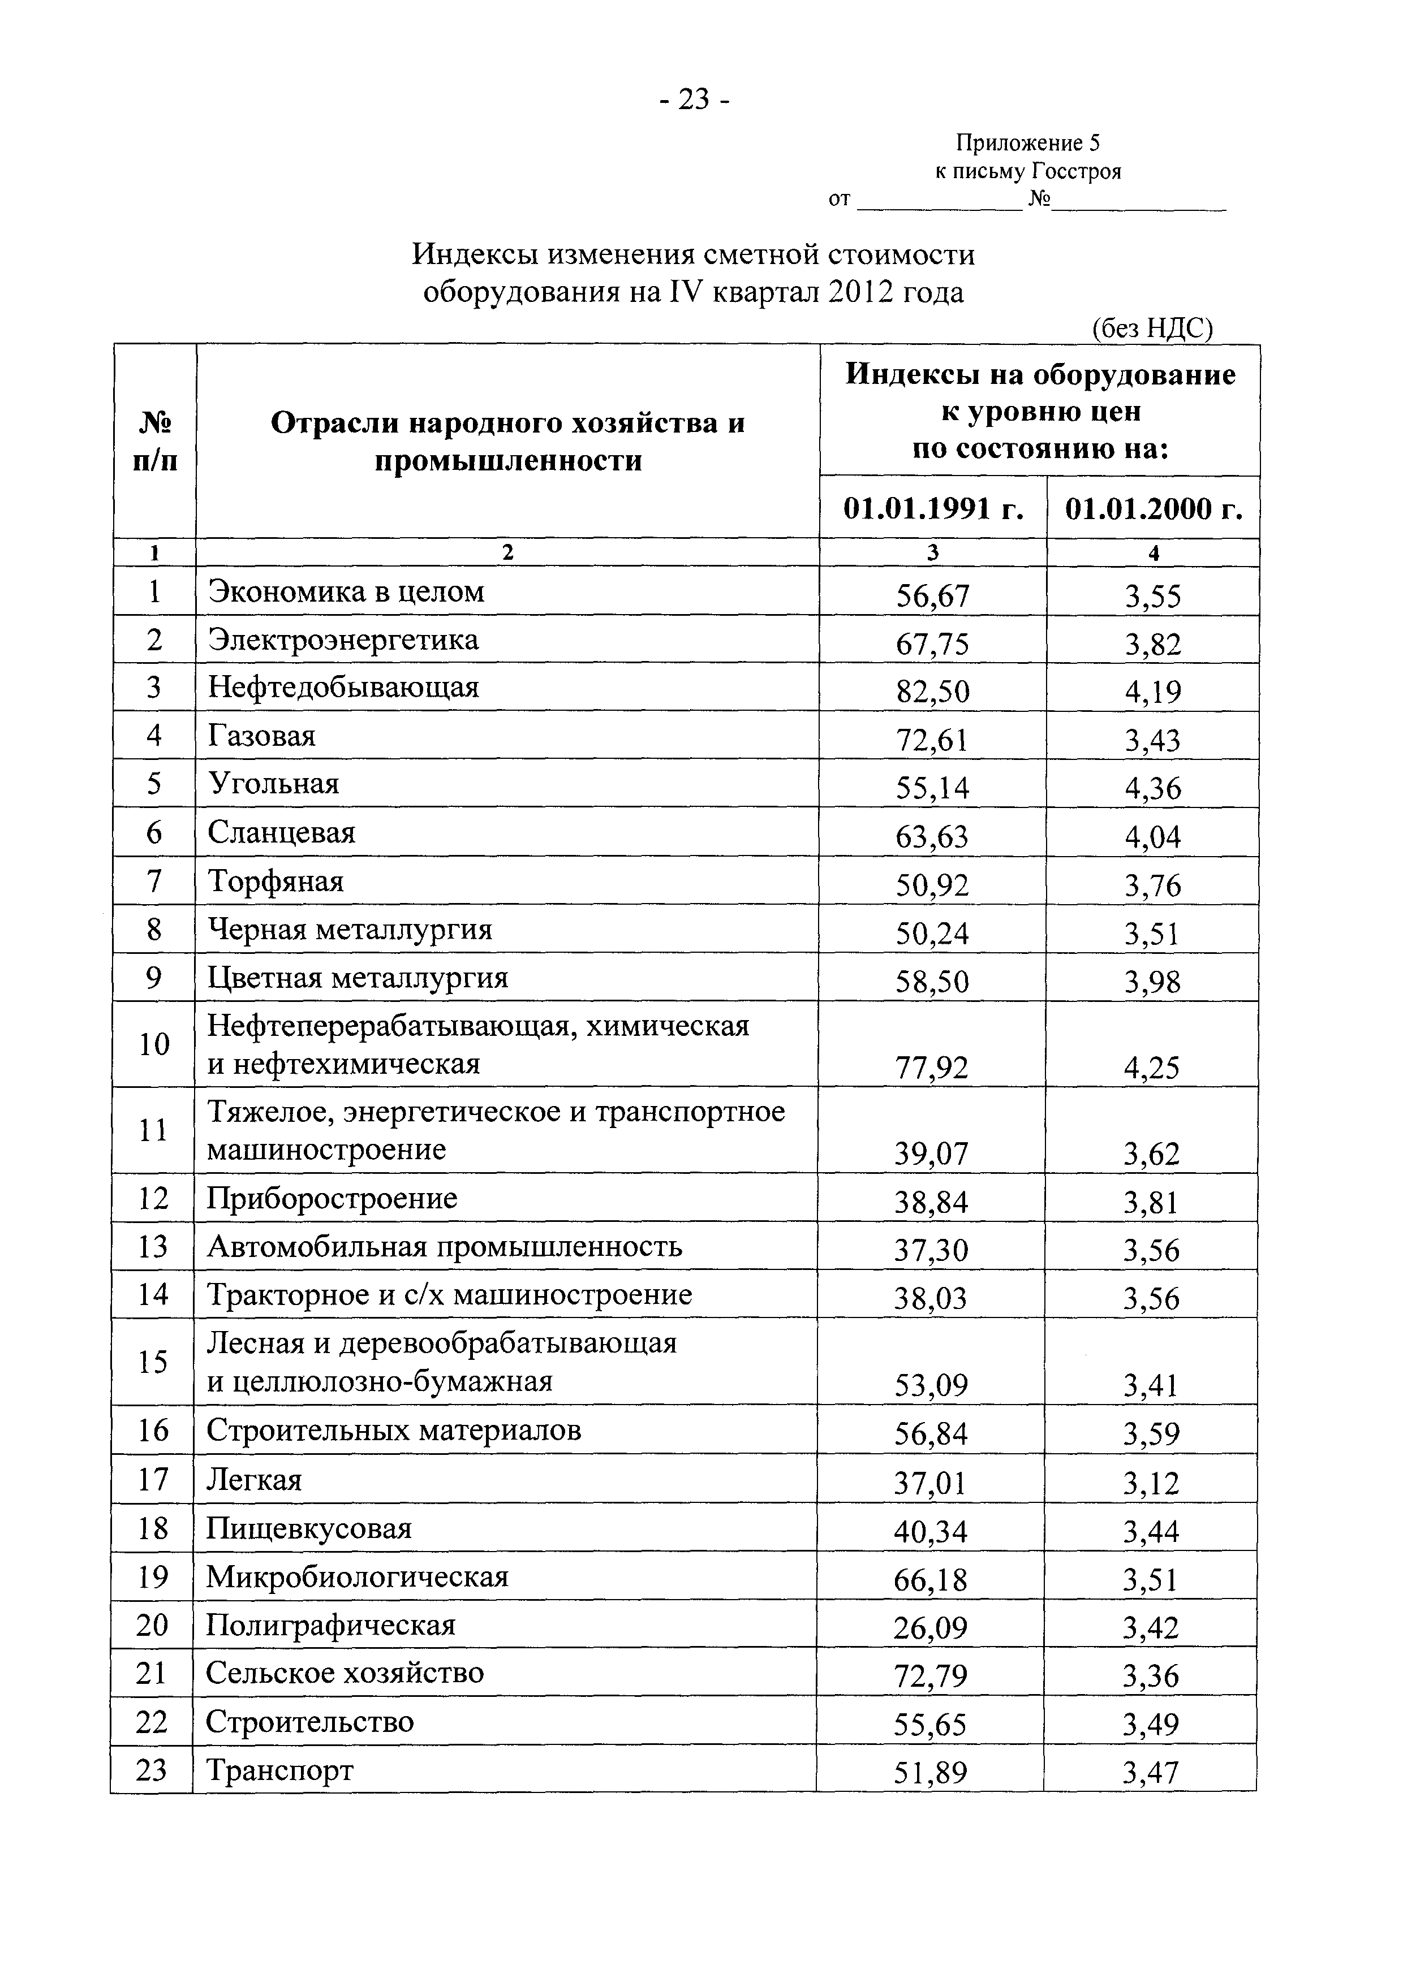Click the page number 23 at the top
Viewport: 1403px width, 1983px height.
click(x=694, y=100)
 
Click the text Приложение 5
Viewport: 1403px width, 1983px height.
click(x=1027, y=142)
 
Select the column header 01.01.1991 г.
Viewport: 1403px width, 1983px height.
click(x=933, y=509)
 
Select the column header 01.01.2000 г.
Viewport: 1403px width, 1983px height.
click(x=1154, y=509)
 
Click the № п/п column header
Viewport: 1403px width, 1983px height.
click(x=154, y=442)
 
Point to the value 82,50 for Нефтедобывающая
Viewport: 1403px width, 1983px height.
click(x=932, y=691)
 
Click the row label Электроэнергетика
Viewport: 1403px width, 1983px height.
click(x=343, y=640)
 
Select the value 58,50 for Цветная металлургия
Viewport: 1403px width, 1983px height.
click(x=932, y=982)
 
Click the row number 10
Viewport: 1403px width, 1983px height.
click(x=154, y=1044)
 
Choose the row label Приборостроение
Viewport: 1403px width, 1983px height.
click(x=332, y=1199)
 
